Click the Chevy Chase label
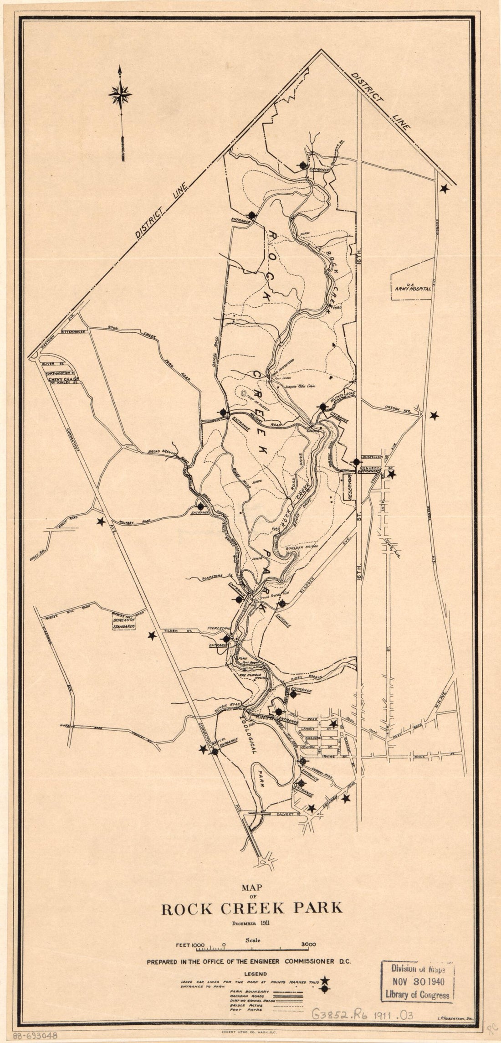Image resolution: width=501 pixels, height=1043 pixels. click(64, 378)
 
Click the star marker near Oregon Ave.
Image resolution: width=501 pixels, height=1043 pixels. click(434, 415)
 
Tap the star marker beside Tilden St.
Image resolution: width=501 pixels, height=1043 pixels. click(152, 635)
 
